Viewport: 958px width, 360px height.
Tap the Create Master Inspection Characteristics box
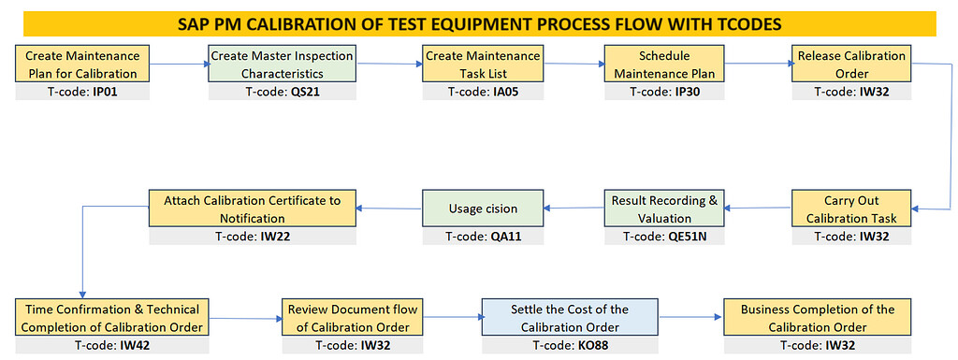[x=282, y=65]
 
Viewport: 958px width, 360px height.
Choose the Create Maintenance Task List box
[x=483, y=65]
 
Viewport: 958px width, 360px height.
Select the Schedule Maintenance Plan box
[x=664, y=65]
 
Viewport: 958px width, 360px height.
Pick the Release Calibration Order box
[x=851, y=65]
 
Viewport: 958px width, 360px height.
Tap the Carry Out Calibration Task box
[x=851, y=209]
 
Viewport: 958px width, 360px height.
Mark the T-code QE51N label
[x=664, y=237]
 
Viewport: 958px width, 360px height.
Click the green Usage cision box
[x=483, y=209]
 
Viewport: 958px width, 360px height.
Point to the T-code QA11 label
[x=483, y=237]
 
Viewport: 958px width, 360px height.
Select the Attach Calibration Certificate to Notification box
[x=253, y=209]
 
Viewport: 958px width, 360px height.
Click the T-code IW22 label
[x=253, y=237]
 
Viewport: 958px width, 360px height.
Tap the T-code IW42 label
[x=109, y=345]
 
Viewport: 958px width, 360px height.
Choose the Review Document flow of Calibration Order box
[x=354, y=318]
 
